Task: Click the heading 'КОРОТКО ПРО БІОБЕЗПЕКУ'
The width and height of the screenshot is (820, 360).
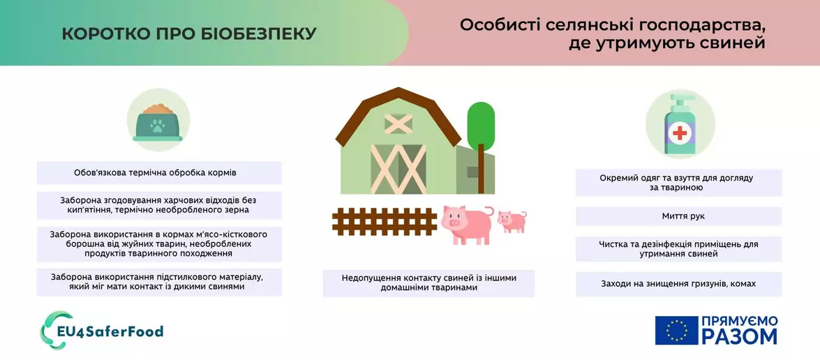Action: pos(189,33)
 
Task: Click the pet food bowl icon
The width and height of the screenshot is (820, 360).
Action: pos(158,123)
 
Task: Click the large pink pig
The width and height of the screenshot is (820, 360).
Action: pos(465,223)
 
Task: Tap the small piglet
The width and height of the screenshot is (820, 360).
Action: pos(512,220)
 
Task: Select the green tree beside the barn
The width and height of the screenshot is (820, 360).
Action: pos(480,129)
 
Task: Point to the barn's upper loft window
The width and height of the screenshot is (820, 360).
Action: pos(398,123)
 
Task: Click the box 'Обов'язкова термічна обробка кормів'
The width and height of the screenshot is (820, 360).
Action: pos(160,172)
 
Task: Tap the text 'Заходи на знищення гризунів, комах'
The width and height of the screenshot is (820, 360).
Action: pos(678,284)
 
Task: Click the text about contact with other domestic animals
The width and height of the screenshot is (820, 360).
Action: pos(428,283)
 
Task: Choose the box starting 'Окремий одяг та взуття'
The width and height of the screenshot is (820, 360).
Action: pos(678,183)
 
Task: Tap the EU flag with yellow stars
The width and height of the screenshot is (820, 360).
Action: pos(676,330)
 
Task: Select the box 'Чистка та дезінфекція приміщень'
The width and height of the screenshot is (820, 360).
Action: pos(678,249)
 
